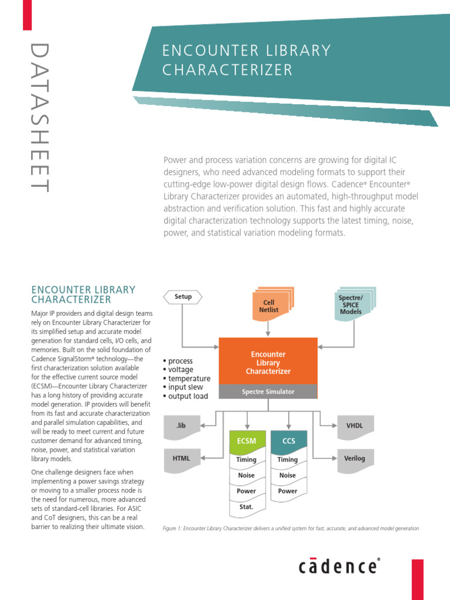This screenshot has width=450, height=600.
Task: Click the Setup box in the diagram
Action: click(x=183, y=296)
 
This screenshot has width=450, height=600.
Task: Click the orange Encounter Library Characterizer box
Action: click(x=268, y=362)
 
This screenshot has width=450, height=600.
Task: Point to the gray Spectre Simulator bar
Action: click(x=268, y=391)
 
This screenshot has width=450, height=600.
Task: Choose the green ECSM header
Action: click(x=246, y=441)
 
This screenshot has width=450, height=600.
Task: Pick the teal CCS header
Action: click(x=288, y=441)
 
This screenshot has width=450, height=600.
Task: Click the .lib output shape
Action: click(x=181, y=426)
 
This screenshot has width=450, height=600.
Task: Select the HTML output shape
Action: click(x=181, y=458)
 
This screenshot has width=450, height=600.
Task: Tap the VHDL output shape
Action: click(x=355, y=426)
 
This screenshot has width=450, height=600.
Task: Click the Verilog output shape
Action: click(x=354, y=458)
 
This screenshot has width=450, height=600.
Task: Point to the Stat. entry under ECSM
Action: click(x=246, y=506)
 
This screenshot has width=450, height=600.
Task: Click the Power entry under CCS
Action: click(x=288, y=491)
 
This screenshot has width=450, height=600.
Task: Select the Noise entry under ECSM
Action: click(x=246, y=475)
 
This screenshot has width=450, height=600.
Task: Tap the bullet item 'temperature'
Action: click(x=189, y=379)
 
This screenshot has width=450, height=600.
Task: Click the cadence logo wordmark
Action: click(x=339, y=566)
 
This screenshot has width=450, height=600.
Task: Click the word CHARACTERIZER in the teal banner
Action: click(x=227, y=70)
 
